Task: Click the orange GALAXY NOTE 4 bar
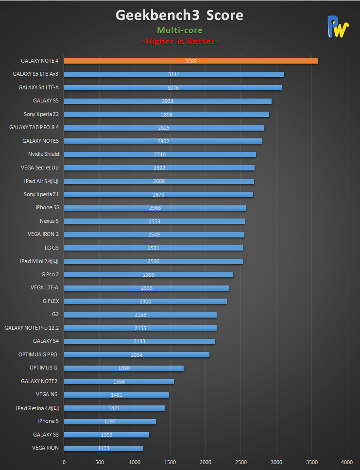point(191,61)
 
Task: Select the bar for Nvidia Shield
point(160,154)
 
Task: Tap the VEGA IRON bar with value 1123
point(103,448)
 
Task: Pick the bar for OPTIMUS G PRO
point(137,354)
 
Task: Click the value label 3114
point(174,74)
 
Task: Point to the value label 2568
point(155,208)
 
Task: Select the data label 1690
point(124,368)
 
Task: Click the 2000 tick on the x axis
point(206,462)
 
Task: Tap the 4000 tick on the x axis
point(347,462)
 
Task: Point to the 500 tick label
point(99,462)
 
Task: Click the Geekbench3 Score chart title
point(179,16)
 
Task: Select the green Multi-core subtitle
point(180,30)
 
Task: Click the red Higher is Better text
point(180,42)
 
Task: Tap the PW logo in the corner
point(338,27)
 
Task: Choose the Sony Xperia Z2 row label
point(41,114)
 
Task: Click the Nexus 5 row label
point(49,221)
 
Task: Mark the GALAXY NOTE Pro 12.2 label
point(31,328)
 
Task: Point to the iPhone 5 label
point(48,421)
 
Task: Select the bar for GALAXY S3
point(106,435)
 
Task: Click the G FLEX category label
point(51,301)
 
